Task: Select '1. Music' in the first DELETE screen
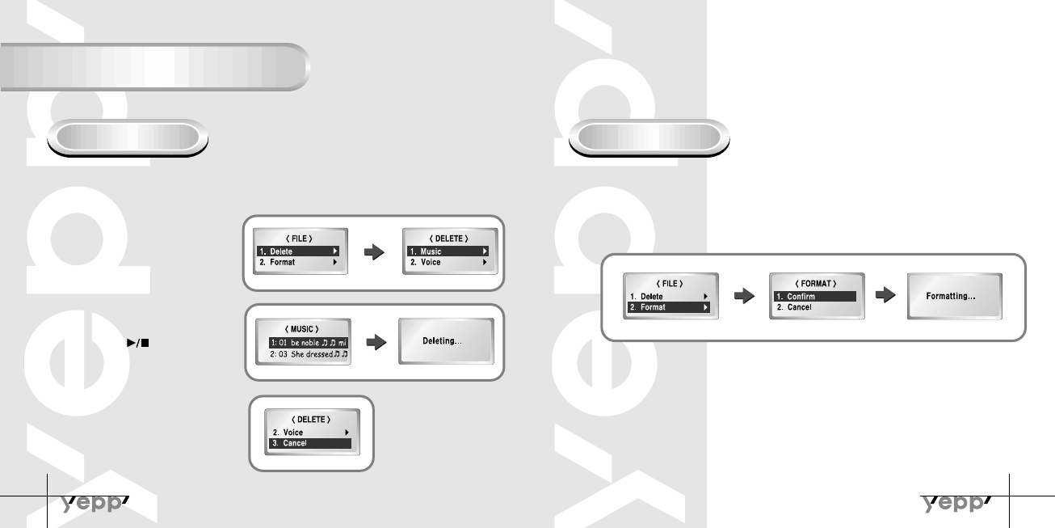tap(448, 251)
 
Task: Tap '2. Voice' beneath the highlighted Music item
tap(448, 262)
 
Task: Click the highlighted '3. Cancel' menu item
tap(310, 443)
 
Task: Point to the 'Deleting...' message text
tap(443, 341)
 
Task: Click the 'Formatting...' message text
tap(952, 297)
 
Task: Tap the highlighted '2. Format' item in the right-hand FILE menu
tap(670, 307)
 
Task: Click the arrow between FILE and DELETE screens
tap(373, 252)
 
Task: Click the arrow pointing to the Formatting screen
tap(886, 296)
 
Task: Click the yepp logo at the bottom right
tap(957, 504)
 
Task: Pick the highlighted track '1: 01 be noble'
tap(308, 343)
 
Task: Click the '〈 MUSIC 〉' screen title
tap(304, 329)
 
